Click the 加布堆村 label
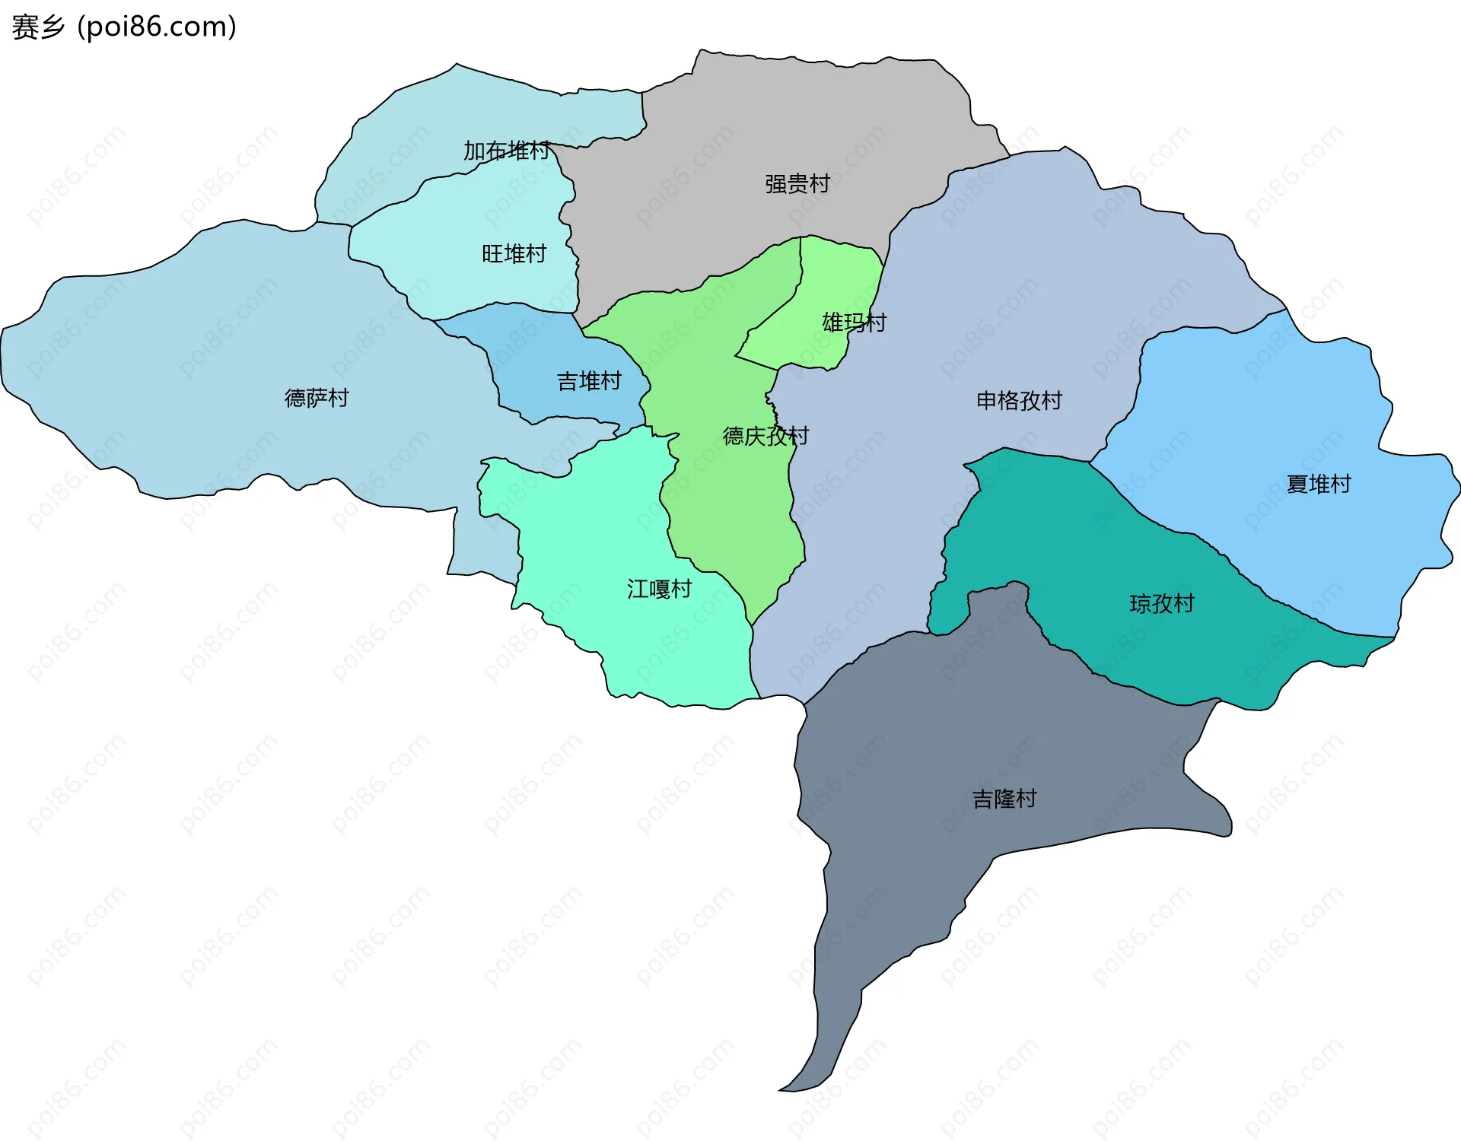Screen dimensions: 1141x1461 tap(507, 151)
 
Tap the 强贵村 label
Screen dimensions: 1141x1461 tap(797, 184)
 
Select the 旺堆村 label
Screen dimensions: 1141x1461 tap(514, 254)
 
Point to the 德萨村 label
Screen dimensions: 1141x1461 tap(317, 398)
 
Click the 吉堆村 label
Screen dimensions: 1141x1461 tap(589, 381)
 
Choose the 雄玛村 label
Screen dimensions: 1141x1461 tap(854, 323)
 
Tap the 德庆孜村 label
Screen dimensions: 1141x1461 tap(765, 436)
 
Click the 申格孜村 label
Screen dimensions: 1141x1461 tap(1019, 401)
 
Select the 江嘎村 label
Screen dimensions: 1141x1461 tap(659, 589)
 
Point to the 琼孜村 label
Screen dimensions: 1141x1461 tap(1162, 604)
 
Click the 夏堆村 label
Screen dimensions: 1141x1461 tap(1318, 484)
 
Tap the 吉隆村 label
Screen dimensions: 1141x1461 tap(1004, 799)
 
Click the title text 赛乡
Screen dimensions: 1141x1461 tap(38, 27)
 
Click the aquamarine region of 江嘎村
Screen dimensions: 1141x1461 tap(594, 532)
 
